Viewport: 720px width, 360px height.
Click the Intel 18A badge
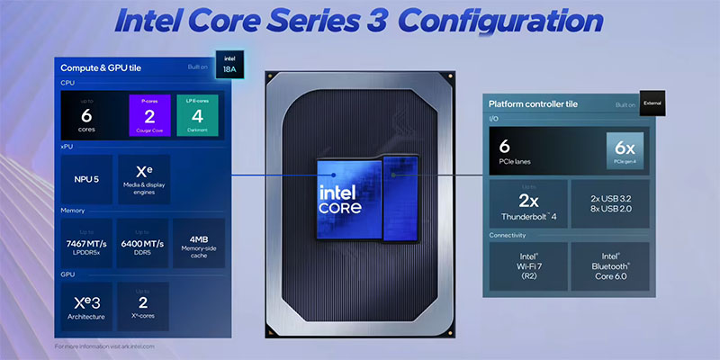pyautogui.click(x=225, y=62)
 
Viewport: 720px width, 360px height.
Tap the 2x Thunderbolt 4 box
pyautogui.click(x=528, y=203)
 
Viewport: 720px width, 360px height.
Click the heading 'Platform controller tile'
pyautogui.click(x=533, y=104)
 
